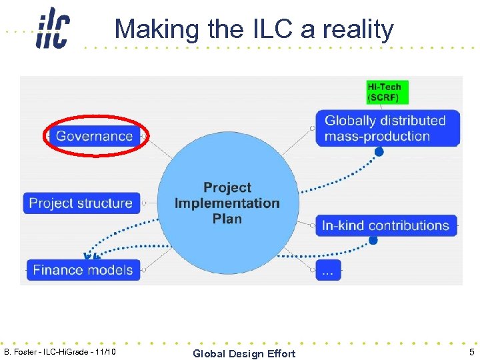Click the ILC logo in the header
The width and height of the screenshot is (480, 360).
tap(53, 28)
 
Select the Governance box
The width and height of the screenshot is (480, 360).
tap(94, 136)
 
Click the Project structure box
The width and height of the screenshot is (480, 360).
tap(81, 203)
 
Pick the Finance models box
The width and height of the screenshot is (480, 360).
tap(83, 270)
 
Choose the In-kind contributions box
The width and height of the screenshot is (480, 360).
tap(386, 225)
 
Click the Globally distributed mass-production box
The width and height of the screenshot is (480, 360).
tap(385, 129)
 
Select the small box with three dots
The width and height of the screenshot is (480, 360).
tap(329, 270)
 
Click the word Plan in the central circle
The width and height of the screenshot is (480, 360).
tap(227, 219)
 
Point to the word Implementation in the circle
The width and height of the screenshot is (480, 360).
tap(227, 203)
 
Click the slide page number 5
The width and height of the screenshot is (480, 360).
tap(471, 353)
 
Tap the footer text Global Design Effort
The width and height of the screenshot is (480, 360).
tap(244, 353)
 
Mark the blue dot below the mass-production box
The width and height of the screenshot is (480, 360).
tap(379, 152)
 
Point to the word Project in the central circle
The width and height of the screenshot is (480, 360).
tap(227, 188)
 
